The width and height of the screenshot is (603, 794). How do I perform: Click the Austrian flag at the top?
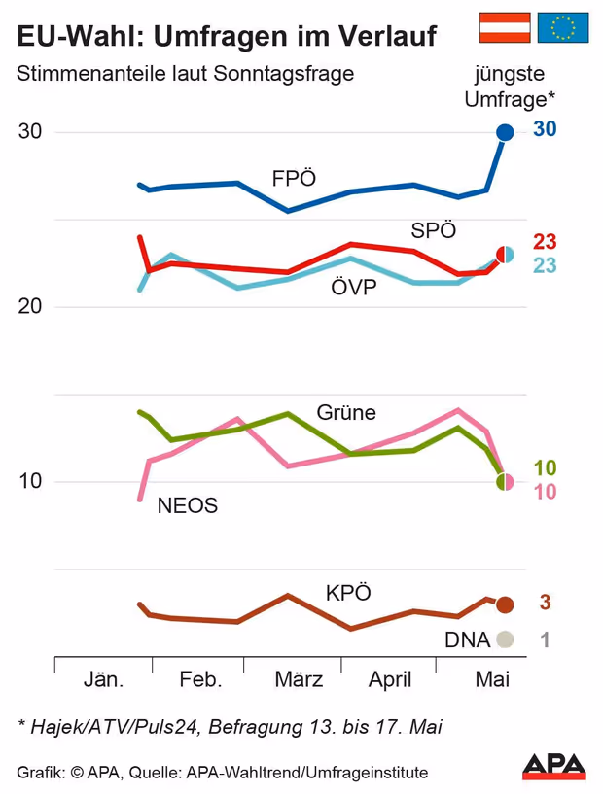click(505, 28)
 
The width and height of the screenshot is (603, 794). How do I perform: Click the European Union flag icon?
click(563, 28)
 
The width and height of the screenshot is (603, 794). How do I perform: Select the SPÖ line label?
click(434, 231)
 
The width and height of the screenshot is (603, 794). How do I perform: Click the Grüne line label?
click(346, 412)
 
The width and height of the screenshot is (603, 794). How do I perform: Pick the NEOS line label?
click(187, 505)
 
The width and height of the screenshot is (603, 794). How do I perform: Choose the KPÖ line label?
click(348, 593)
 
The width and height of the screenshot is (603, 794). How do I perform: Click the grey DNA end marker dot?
click(504, 639)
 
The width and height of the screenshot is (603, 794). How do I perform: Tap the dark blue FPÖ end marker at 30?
click(505, 132)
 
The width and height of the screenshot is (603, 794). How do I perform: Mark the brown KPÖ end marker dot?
click(504, 604)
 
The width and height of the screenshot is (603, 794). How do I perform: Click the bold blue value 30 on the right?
click(545, 130)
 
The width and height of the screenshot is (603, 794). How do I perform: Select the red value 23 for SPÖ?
click(545, 243)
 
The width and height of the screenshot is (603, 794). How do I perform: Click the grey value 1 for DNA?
click(545, 639)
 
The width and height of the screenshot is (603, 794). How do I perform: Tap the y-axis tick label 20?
click(32, 307)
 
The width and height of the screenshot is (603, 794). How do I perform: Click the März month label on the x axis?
click(299, 680)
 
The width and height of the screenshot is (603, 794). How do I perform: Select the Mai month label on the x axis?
click(492, 680)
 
